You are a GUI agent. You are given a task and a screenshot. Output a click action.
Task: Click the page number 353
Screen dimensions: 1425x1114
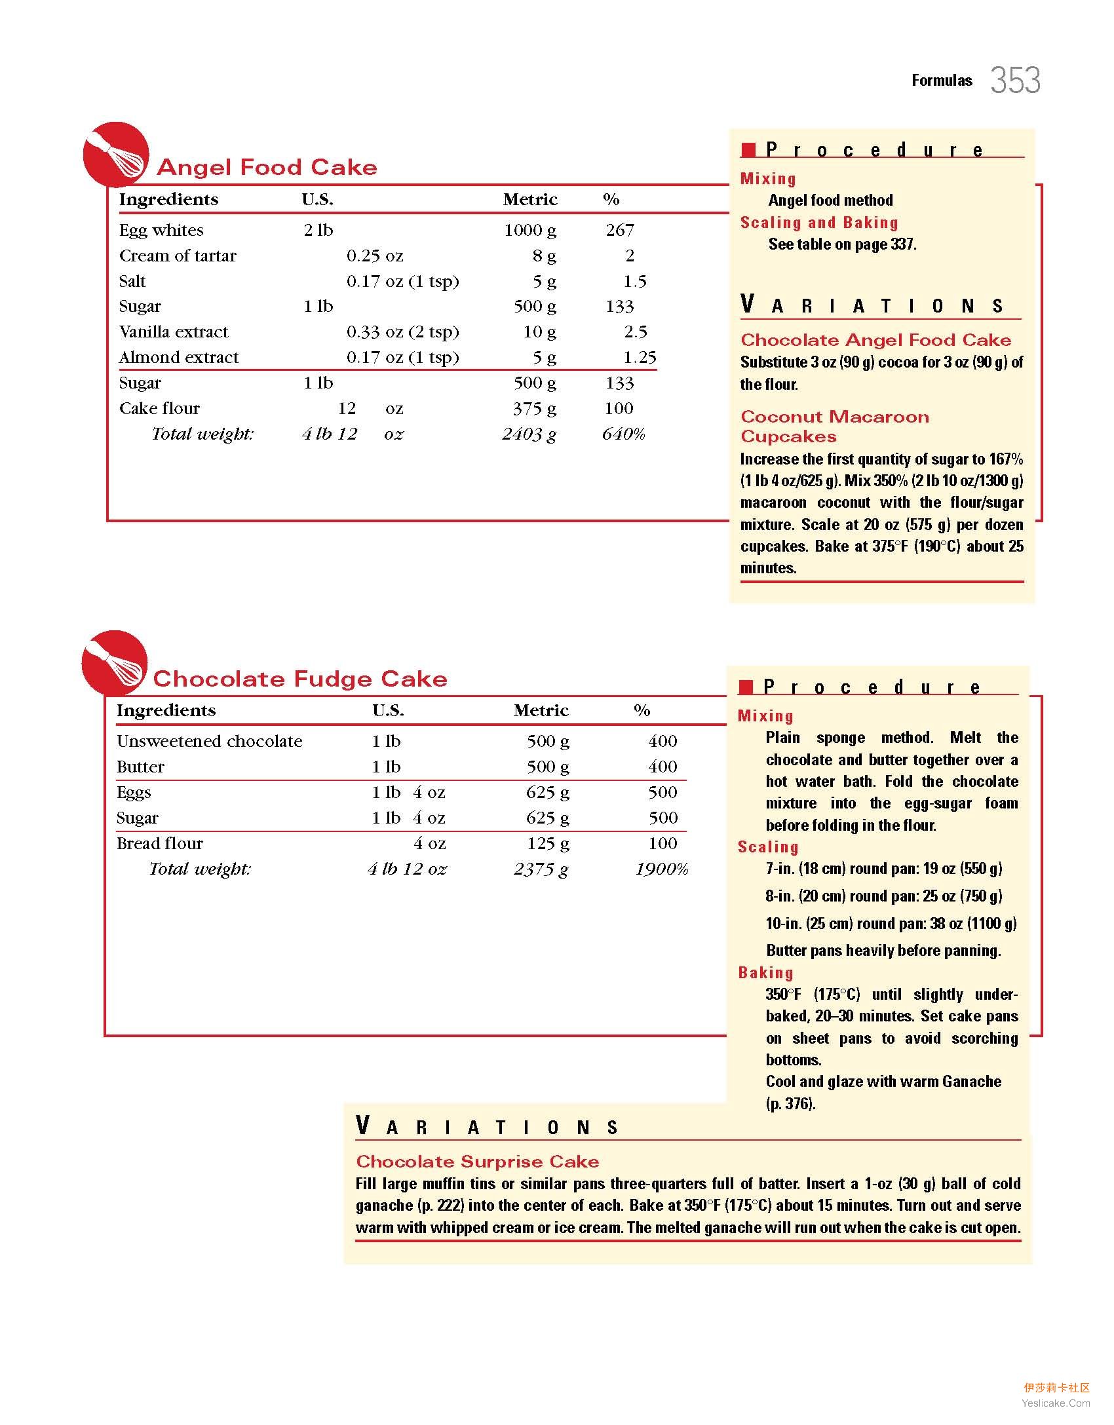click(x=1014, y=81)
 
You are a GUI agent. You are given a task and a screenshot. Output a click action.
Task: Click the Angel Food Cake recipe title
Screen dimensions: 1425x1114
click(x=267, y=167)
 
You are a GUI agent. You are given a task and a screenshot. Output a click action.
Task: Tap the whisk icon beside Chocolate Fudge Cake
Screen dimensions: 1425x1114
click(x=115, y=662)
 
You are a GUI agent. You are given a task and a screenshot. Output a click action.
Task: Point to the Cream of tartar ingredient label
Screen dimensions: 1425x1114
click(x=178, y=256)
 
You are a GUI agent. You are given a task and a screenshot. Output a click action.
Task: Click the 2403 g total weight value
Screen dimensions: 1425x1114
click(x=529, y=434)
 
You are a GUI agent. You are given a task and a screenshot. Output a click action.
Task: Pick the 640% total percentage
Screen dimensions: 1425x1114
click(x=623, y=434)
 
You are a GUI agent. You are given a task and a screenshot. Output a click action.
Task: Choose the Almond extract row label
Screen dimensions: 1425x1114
click(x=179, y=357)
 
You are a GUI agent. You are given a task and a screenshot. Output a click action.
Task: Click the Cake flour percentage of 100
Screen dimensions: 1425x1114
click(x=619, y=408)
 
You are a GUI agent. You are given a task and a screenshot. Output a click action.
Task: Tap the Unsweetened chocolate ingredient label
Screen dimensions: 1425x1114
click(x=210, y=741)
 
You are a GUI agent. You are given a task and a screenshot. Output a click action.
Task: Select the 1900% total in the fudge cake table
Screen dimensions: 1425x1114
click(x=661, y=869)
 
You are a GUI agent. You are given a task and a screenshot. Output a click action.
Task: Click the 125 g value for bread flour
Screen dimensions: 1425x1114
click(x=548, y=843)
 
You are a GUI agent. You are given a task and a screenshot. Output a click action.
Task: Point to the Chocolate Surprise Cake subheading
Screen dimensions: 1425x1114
click(x=477, y=1162)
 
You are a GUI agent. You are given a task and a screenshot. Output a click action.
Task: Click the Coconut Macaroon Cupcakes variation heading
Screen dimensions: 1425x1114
click(x=834, y=427)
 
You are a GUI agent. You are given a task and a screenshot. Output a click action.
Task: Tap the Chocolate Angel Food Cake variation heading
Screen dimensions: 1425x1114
click(x=875, y=340)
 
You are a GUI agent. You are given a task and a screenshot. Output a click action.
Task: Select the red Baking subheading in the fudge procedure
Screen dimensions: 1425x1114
click(x=765, y=972)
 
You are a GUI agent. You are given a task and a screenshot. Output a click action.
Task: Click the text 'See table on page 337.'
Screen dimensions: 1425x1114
click(x=842, y=244)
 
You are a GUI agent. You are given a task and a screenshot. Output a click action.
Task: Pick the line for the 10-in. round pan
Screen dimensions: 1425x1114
click(x=891, y=923)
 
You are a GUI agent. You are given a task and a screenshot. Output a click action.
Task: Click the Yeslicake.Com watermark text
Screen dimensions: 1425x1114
click(x=1056, y=1403)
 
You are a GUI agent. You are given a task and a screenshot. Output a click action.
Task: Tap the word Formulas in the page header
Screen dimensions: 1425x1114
click(x=942, y=81)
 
